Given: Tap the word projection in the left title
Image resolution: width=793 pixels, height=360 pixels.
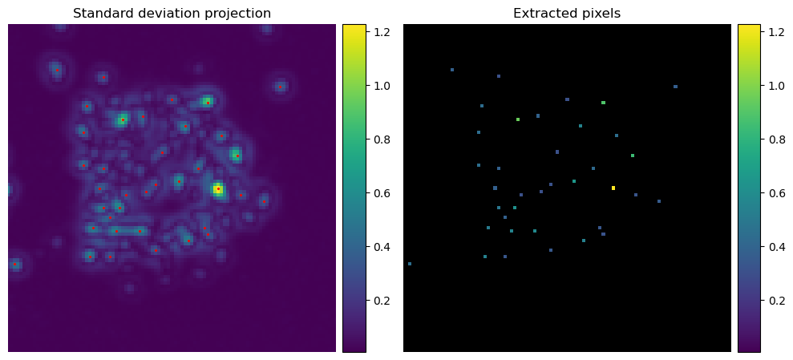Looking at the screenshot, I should point(237,14).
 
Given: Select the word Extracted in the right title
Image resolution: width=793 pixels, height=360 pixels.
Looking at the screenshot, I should point(542,14).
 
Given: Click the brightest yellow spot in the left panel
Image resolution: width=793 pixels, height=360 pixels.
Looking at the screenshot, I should point(217,189).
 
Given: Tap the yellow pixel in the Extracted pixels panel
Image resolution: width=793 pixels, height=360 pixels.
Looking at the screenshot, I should point(613,188).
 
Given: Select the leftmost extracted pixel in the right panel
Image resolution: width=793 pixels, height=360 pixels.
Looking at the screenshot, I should point(410,264).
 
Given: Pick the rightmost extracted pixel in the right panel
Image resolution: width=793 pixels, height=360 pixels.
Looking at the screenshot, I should point(675,87).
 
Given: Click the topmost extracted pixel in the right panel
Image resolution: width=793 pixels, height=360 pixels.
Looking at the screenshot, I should point(452,70).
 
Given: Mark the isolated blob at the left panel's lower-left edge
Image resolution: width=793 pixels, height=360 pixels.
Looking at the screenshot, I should point(15,264).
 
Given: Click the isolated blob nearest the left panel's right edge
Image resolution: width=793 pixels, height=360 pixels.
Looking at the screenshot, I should point(280,86).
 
